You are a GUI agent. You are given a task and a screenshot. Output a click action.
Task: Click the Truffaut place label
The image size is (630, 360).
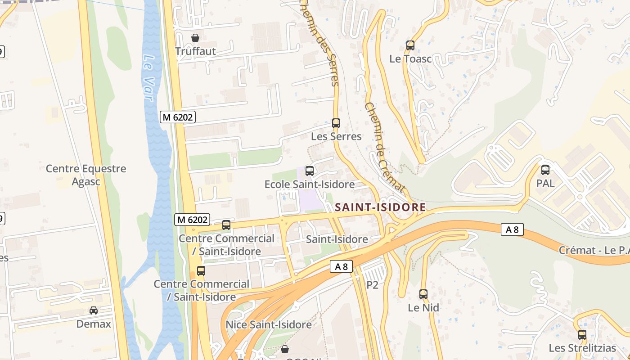[x=195, y=51]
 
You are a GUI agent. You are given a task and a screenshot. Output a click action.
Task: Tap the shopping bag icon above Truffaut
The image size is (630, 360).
[x=195, y=38]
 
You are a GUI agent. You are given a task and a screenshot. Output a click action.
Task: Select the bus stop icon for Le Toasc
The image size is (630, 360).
[x=410, y=45]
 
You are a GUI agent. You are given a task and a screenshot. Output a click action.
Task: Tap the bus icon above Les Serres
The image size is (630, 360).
[x=336, y=123]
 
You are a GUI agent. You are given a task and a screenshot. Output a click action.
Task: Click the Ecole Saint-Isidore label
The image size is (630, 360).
[x=309, y=184]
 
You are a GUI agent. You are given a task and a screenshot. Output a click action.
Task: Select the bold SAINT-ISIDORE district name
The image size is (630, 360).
[x=380, y=207]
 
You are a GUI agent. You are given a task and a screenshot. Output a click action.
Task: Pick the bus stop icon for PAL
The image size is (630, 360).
[x=545, y=170]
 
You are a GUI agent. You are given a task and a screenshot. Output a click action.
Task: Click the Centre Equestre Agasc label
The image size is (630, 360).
[x=86, y=175]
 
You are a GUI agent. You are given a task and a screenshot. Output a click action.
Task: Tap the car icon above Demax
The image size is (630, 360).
[x=94, y=310]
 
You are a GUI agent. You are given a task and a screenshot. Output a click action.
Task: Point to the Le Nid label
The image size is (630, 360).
[x=423, y=308]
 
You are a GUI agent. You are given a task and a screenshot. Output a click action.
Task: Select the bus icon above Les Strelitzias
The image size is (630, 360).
[x=582, y=335]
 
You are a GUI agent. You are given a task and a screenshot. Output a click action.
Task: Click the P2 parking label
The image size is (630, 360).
[x=373, y=285]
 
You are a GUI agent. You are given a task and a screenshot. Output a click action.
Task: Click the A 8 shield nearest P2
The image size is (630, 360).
[x=341, y=266]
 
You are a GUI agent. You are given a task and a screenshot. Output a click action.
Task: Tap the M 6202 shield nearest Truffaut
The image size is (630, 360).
[x=178, y=117]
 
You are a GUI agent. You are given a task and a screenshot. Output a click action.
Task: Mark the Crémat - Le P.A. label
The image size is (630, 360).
[x=594, y=250]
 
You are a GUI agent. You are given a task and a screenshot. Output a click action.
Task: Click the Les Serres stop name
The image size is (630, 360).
[x=336, y=136]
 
